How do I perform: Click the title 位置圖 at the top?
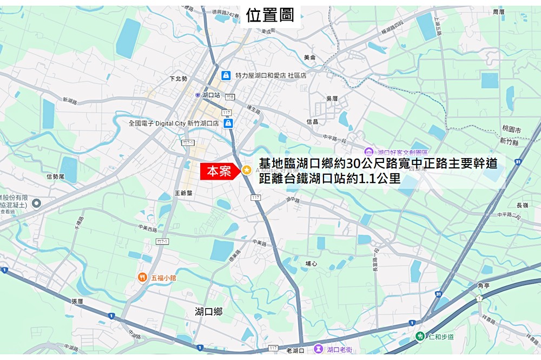tap(270, 15)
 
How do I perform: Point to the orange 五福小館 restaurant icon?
tap(142, 277)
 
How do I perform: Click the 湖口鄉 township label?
tap(209, 311)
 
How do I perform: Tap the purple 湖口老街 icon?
tap(319, 350)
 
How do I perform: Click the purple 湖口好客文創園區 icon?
tap(369, 152)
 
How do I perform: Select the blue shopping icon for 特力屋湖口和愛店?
tap(226, 75)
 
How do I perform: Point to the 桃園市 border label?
tap(511, 130)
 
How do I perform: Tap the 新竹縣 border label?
tap(510, 141)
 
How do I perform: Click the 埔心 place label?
tap(311, 264)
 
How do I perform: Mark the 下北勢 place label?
tap(178, 79)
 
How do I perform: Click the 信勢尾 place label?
tap(55, 176)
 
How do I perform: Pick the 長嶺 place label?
tap(522, 205)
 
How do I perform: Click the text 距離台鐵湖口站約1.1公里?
tap(329, 178)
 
